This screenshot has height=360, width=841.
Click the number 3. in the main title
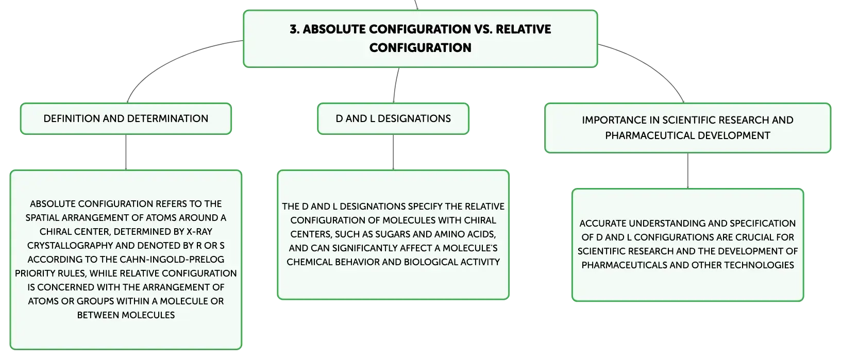(x=294, y=29)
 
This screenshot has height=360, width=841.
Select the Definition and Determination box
(x=126, y=118)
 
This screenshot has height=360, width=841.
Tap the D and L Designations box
(x=393, y=118)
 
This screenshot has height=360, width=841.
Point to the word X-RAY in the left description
(x=199, y=232)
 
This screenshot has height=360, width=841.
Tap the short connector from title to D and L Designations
(x=395, y=85)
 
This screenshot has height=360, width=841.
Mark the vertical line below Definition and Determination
(x=126, y=152)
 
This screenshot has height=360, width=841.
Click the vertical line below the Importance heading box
(x=688, y=171)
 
